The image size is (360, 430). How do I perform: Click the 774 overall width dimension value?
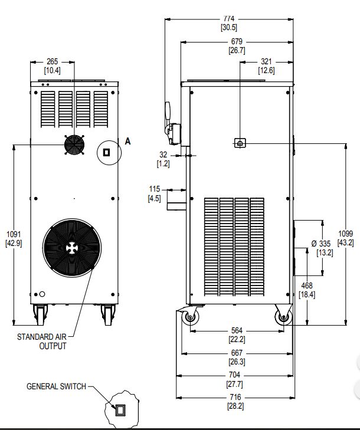click(x=229, y=18)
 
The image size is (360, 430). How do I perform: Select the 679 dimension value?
click(x=236, y=42)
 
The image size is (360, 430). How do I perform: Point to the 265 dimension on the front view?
click(x=53, y=62)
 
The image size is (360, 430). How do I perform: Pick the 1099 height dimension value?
click(x=345, y=234)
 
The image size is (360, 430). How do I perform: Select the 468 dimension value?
click(x=307, y=285)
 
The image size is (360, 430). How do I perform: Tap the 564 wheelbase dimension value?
click(x=236, y=330)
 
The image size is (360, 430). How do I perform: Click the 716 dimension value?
click(x=236, y=398)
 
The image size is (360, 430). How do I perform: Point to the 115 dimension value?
click(x=155, y=189)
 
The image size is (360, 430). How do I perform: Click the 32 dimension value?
click(x=163, y=155)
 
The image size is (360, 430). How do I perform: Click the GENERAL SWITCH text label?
click(x=56, y=387)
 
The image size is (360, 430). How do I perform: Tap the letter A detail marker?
click(x=127, y=140)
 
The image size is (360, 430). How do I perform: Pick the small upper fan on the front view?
click(x=74, y=146)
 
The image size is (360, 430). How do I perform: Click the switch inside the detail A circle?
click(x=107, y=152)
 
